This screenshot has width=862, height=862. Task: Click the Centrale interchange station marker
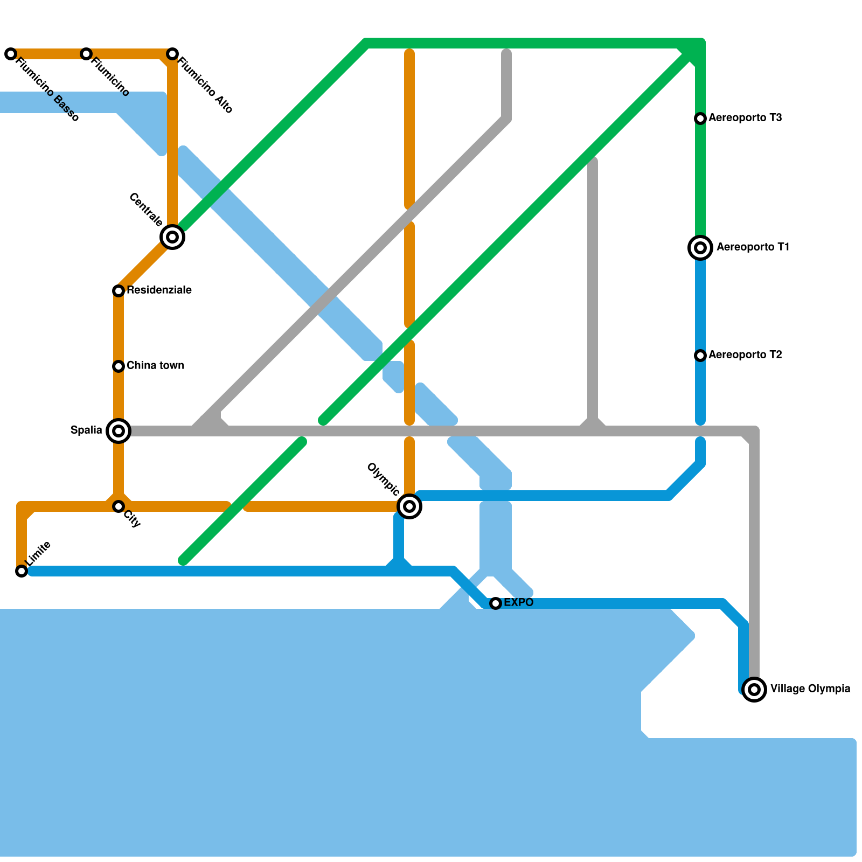(172, 237)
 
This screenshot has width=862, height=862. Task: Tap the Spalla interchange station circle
(119, 431)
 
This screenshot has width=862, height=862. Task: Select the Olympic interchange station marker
(409, 506)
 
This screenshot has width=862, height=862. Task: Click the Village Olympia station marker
(754, 689)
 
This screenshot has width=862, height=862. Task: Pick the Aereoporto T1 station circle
(700, 248)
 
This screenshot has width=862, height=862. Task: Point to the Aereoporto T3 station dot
(700, 119)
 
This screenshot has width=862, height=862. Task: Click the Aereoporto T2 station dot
(700, 356)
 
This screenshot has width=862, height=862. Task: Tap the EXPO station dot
(496, 603)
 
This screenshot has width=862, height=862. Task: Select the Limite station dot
(22, 571)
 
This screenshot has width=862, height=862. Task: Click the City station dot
(119, 506)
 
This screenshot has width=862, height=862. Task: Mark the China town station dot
(119, 366)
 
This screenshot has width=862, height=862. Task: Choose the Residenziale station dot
(119, 291)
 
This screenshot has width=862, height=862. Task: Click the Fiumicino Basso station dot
(11, 54)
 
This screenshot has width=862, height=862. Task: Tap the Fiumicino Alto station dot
(172, 54)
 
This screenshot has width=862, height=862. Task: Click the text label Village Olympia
(810, 689)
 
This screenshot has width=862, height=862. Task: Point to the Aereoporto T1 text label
(753, 247)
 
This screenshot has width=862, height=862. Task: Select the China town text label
(155, 365)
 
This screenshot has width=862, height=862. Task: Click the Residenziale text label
(159, 290)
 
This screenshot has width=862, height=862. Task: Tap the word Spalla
(86, 430)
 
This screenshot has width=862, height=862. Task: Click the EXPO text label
(518, 602)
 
